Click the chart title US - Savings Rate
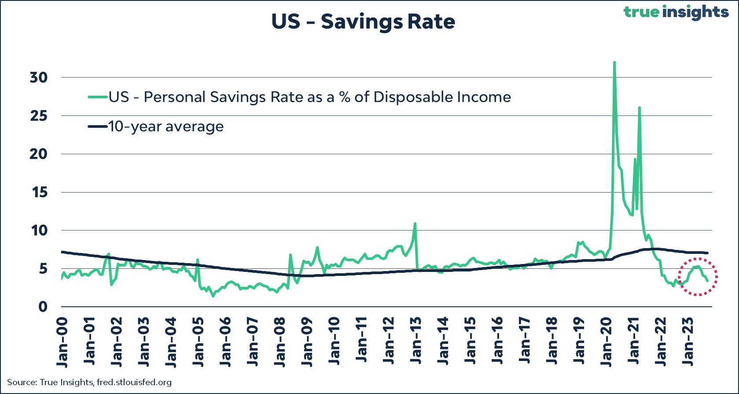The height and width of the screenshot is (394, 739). point(363,22)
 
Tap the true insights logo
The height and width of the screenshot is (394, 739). point(676,12)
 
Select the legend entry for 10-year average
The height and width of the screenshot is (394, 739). point(166,126)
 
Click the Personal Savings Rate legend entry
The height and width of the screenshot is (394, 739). point(309,97)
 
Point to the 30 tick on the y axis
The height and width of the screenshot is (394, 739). point(38,78)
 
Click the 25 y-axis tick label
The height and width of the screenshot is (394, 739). point(38,116)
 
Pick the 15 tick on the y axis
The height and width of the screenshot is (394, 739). point(39,193)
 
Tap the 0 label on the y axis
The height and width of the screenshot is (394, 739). point(43,307)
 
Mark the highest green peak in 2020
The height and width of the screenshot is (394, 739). point(614,63)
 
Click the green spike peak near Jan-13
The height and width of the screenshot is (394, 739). point(415,223)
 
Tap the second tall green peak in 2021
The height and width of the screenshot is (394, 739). point(639,108)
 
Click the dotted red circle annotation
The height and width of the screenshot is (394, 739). point(698,277)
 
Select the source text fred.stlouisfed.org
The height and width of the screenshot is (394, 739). point(134,382)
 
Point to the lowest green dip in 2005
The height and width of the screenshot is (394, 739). point(213,296)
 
